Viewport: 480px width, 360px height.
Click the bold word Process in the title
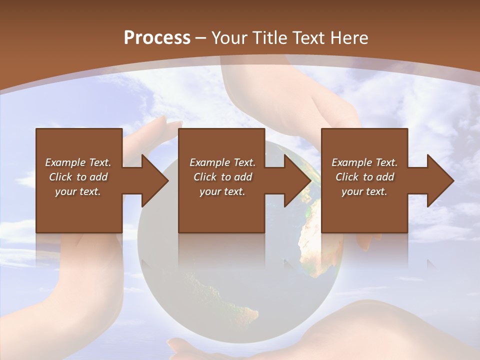tap(157, 37)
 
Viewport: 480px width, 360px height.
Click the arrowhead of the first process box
tap(154, 180)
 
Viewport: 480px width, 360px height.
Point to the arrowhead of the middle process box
tap(297, 180)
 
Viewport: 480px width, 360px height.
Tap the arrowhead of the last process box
tap(440, 180)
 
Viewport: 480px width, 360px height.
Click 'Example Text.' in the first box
tap(78, 162)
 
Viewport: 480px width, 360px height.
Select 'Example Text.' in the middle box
tap(222, 162)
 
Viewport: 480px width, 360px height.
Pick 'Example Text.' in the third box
tap(364, 162)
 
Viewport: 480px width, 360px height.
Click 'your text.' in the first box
tap(78, 191)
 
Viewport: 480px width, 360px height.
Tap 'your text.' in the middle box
tap(222, 191)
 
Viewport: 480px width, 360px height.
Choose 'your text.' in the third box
tap(364, 191)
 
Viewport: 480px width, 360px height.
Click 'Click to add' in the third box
tap(364, 177)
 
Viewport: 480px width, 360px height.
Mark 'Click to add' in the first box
tap(78, 177)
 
